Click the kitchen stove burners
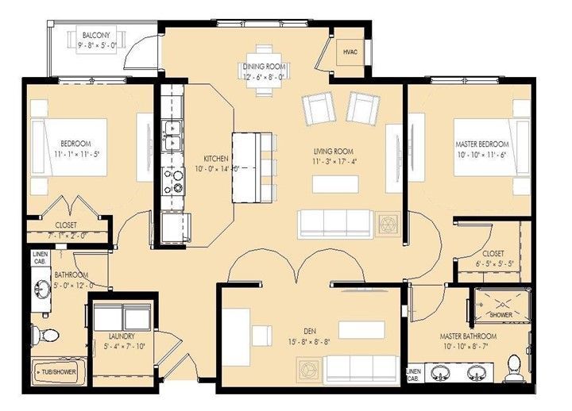tap(172, 182)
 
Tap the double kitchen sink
tap(171, 136)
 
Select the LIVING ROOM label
tap(333, 152)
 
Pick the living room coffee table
tap(334, 184)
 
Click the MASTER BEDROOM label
tap(482, 144)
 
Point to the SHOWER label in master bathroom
tap(500, 315)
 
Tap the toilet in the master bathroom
tap(513, 365)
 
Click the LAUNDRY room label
tap(121, 336)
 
